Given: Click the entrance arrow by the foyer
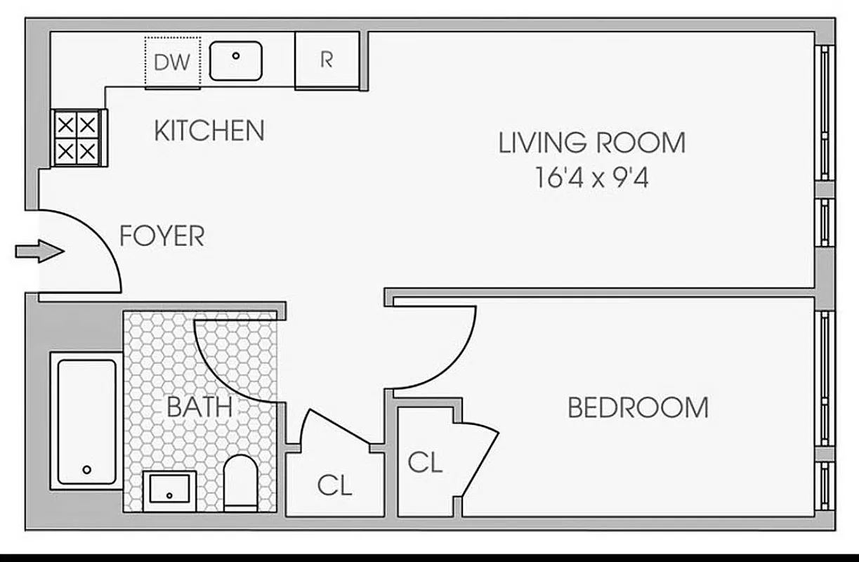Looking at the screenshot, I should click(x=39, y=251).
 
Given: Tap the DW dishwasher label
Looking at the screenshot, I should click(x=172, y=63).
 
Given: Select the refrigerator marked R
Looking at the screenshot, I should click(x=326, y=60).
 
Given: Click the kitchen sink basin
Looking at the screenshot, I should click(x=236, y=60).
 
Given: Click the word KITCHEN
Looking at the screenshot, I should click(x=209, y=131).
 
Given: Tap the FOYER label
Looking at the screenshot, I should click(x=162, y=236).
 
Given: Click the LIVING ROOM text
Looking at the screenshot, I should click(x=591, y=143).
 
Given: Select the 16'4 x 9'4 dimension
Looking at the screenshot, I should click(x=591, y=178).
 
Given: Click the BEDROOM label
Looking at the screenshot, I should click(x=638, y=407).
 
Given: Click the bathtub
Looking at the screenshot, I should click(x=86, y=421).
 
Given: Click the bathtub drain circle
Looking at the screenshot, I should click(x=87, y=469).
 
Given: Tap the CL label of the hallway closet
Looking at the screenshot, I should click(x=334, y=485).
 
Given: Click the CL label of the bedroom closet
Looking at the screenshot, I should click(x=425, y=462).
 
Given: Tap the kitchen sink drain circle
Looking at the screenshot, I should click(x=236, y=55).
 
